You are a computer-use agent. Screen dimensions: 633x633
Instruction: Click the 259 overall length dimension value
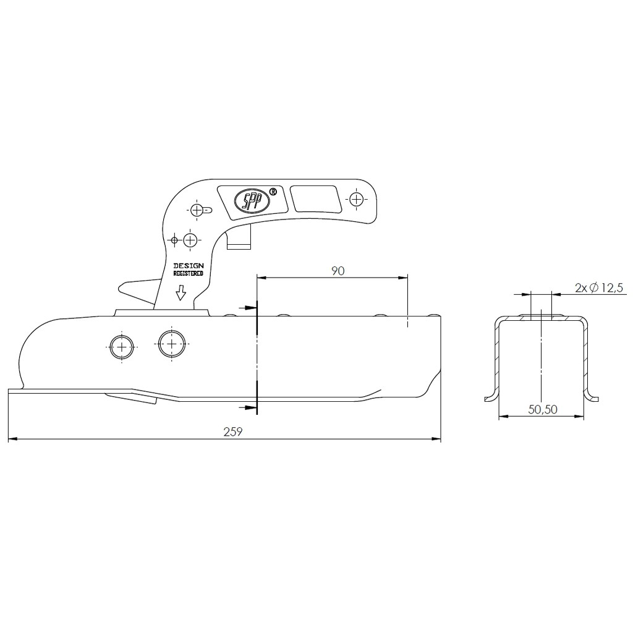tap(233, 431)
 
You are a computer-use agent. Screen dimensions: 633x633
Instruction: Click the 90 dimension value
tap(338, 271)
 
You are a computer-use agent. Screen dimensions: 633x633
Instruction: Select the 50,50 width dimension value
tap(543, 410)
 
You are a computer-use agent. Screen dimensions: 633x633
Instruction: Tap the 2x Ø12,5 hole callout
tap(599, 288)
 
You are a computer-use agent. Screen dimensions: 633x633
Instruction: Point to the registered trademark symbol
tap(273, 192)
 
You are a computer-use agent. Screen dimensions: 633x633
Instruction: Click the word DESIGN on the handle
tap(189, 266)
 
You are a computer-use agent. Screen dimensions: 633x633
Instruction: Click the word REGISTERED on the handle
tap(189, 274)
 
